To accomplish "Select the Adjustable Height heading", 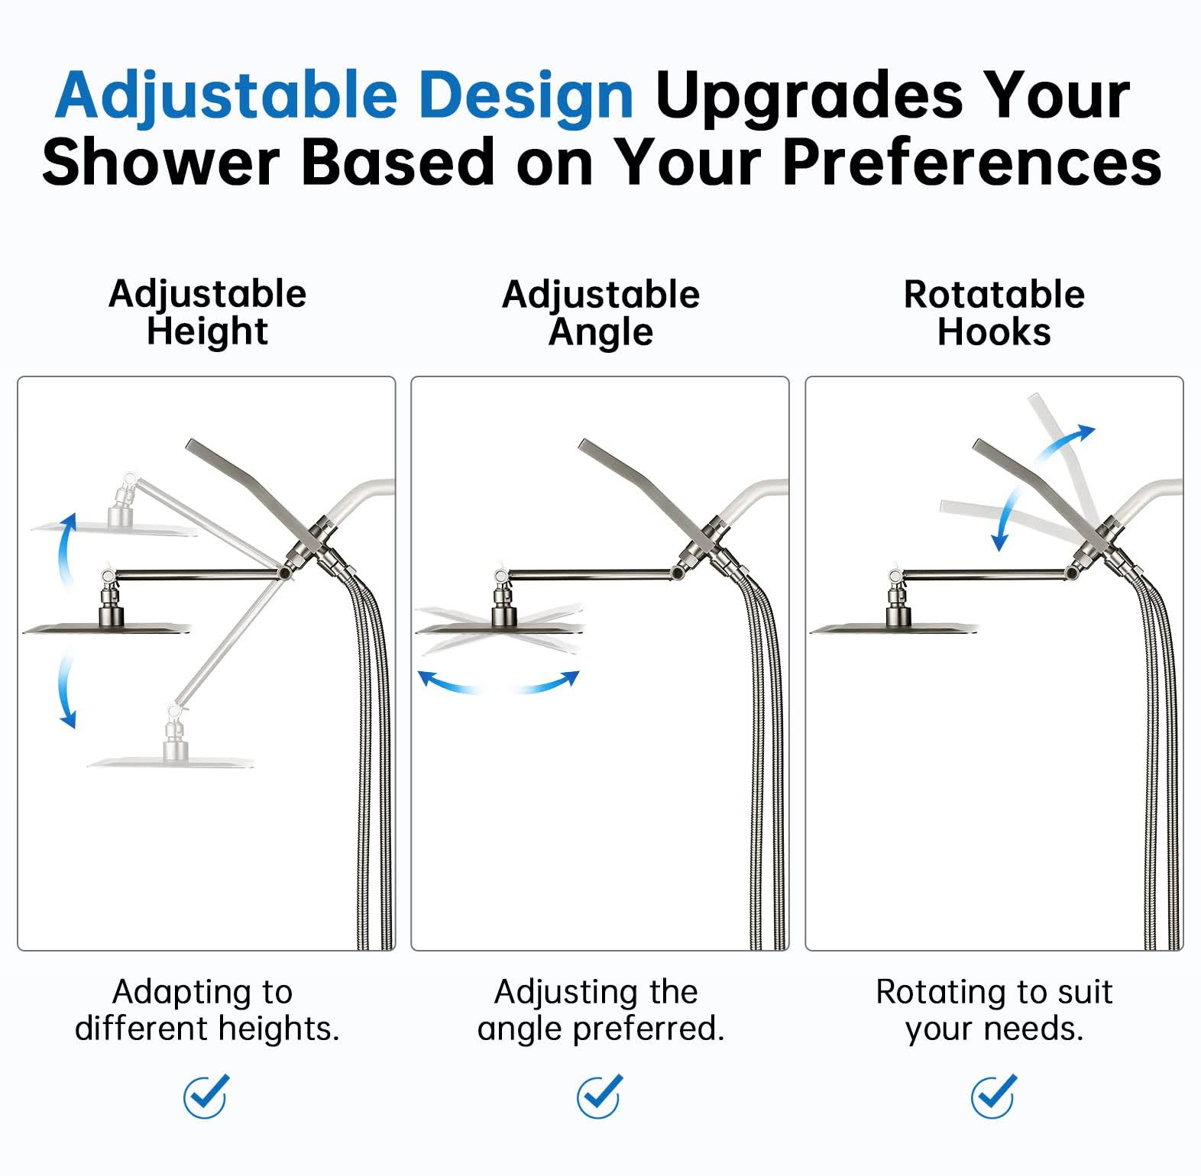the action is tap(207, 313).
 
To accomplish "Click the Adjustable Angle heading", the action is tap(600, 314).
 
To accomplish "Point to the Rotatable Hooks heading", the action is tap(994, 313).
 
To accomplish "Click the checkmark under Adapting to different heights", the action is tap(206, 1096).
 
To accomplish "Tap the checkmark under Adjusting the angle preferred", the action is tap(599, 1096).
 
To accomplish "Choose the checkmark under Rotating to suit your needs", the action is tap(993, 1096).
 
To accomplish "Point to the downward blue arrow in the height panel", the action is tap(64, 687).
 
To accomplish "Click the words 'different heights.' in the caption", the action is tap(207, 1029).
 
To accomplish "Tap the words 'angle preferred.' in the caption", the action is tap(600, 1029).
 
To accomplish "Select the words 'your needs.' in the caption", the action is tap(994, 1029).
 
